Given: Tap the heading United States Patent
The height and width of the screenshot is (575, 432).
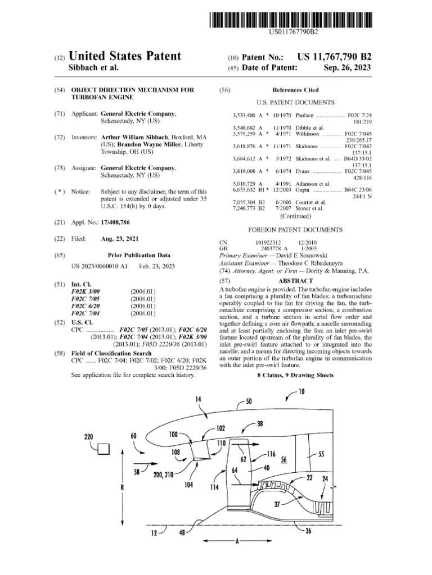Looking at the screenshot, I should tap(124, 56).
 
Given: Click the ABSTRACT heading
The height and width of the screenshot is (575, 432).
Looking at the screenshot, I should tap(295, 281).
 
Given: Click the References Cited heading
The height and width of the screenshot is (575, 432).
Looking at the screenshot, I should tap(295, 90).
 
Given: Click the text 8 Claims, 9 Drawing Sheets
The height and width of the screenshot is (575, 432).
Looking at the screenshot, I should tap(295, 375).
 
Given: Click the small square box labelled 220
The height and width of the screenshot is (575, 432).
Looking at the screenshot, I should tap(103, 448).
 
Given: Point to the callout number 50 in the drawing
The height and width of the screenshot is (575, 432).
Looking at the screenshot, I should tap(249, 401).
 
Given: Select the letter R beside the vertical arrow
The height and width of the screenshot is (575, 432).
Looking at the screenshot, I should tap(122, 487).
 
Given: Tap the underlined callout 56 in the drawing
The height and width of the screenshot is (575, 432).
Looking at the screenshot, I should tap(284, 459).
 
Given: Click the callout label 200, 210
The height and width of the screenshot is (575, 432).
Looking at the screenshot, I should tap(163, 474).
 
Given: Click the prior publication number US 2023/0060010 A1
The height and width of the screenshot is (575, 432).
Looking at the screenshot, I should tap(100, 266).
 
